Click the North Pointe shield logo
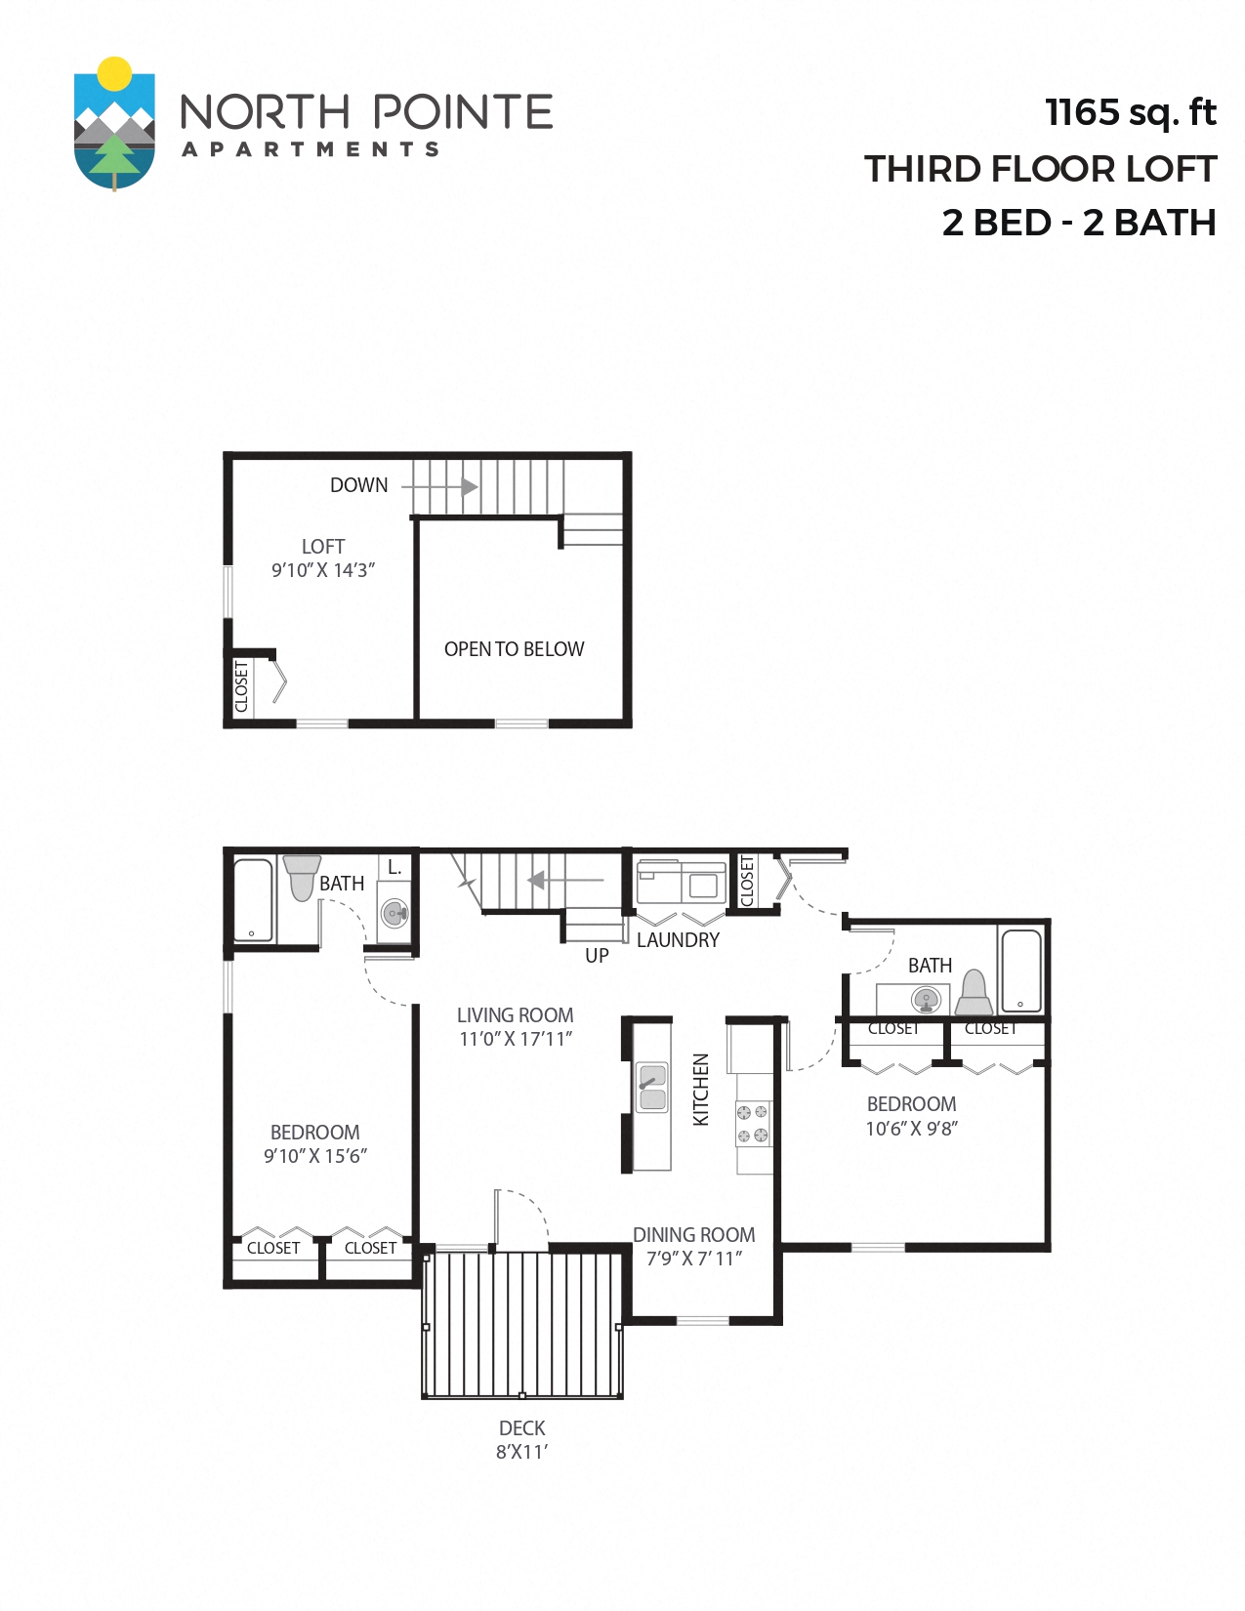click(x=114, y=124)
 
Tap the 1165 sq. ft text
click(x=1130, y=112)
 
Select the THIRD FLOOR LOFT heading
click(x=1040, y=169)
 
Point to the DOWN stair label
click(x=358, y=485)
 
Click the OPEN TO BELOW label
click(x=514, y=649)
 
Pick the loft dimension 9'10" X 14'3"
click(x=323, y=570)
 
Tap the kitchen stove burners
click(x=752, y=1124)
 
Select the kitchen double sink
click(x=652, y=1088)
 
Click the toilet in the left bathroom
click(x=302, y=876)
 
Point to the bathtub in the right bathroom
click(x=1021, y=971)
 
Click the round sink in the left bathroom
click(x=394, y=914)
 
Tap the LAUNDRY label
click(x=678, y=940)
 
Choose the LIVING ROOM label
click(x=515, y=1015)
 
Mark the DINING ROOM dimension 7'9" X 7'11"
click(x=694, y=1259)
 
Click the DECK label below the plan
click(x=521, y=1428)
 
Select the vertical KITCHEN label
click(x=700, y=1090)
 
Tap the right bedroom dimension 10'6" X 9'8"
click(x=911, y=1129)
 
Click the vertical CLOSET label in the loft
click(x=241, y=686)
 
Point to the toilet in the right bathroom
click(x=974, y=993)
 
